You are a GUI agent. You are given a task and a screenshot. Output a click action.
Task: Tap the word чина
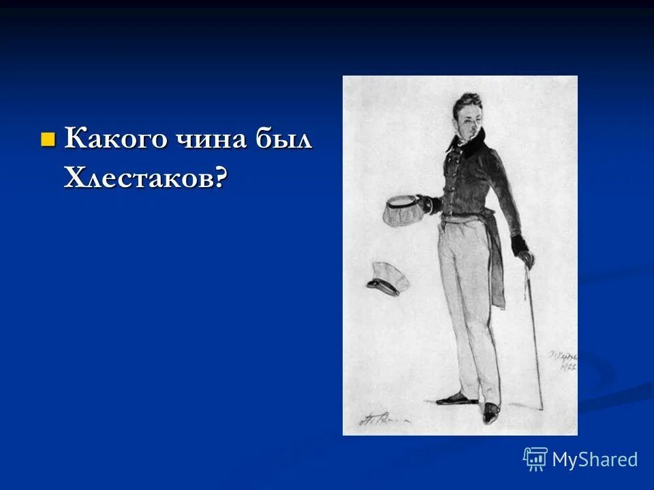(201, 139)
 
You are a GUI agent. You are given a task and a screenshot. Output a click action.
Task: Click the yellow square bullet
(47, 140)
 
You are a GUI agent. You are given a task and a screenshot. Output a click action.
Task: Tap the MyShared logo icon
(535, 459)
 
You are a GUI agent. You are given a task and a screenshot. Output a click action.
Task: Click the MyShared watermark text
(595, 459)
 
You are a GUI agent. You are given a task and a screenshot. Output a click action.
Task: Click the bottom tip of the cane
(544, 408)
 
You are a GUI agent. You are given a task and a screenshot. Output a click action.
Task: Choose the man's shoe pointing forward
(490, 412)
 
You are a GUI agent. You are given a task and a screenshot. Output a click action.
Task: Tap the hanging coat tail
(497, 272)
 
